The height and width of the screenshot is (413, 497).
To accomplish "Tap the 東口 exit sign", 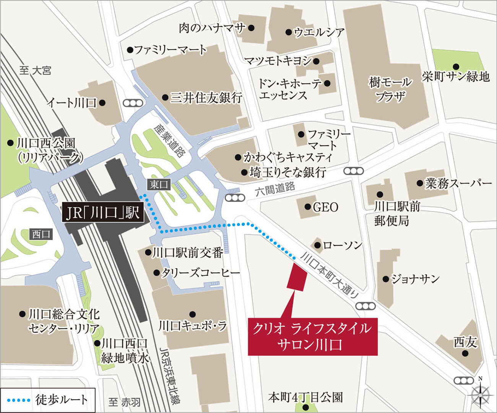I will click(x=159, y=185).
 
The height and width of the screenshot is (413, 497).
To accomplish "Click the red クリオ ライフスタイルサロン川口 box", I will click(x=313, y=337).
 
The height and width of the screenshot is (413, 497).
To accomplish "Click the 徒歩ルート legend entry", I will click(x=47, y=400).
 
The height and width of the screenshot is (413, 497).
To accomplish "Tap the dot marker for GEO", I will click(x=307, y=207).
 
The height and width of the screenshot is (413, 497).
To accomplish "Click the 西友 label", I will click(x=465, y=342).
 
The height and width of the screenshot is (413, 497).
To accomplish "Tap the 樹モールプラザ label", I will click(x=390, y=89).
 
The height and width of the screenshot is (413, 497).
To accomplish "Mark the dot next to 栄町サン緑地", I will click(x=455, y=66).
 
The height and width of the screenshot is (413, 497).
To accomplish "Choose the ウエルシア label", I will click(x=319, y=33).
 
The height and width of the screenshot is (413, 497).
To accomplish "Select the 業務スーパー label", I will click(x=458, y=183).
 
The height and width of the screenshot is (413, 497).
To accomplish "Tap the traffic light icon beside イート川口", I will click(x=132, y=102).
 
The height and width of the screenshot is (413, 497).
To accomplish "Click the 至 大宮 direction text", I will click(x=35, y=70).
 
